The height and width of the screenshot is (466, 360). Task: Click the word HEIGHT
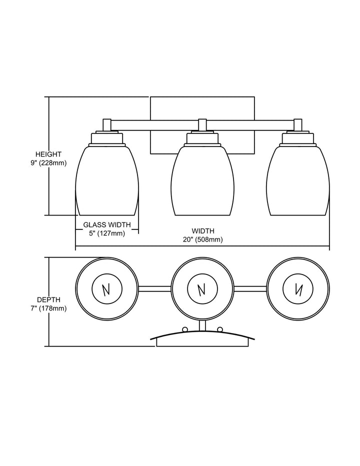click(48, 154)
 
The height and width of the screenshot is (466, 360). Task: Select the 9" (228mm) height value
click(48, 163)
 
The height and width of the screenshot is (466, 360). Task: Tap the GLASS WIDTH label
click(106, 224)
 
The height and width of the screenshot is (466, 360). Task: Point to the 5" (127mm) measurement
click(106, 233)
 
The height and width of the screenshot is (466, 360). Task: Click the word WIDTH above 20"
click(202, 231)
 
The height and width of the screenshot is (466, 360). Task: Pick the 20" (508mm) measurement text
click(202, 239)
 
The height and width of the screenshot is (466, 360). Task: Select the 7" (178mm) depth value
click(48, 308)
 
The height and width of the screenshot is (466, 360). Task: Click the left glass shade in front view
click(106, 180)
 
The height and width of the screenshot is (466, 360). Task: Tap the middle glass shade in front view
click(202, 180)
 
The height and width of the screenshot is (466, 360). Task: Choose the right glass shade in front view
click(298, 180)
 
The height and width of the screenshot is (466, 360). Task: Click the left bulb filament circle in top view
click(106, 289)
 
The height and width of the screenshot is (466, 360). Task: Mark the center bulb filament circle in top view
click(202, 289)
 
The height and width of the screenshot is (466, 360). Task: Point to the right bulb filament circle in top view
click(298, 289)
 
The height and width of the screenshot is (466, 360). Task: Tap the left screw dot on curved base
click(185, 328)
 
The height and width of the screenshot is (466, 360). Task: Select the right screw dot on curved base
click(220, 328)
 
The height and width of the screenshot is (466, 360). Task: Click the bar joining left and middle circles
click(154, 288)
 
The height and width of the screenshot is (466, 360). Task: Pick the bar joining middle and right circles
click(250, 288)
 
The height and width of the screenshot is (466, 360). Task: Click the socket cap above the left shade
click(106, 137)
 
